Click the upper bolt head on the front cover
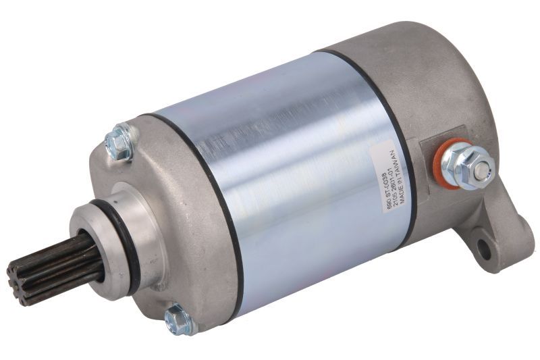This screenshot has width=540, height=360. tap(119, 143)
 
